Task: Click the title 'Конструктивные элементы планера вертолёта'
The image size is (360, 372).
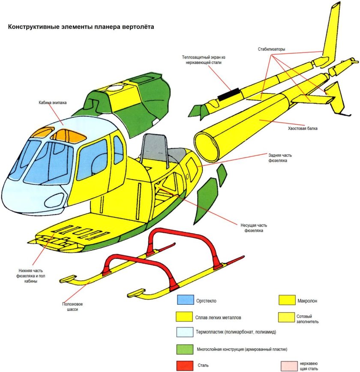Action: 81,27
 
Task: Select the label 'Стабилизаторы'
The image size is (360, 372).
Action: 271,49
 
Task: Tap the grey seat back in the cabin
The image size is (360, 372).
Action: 153,148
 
